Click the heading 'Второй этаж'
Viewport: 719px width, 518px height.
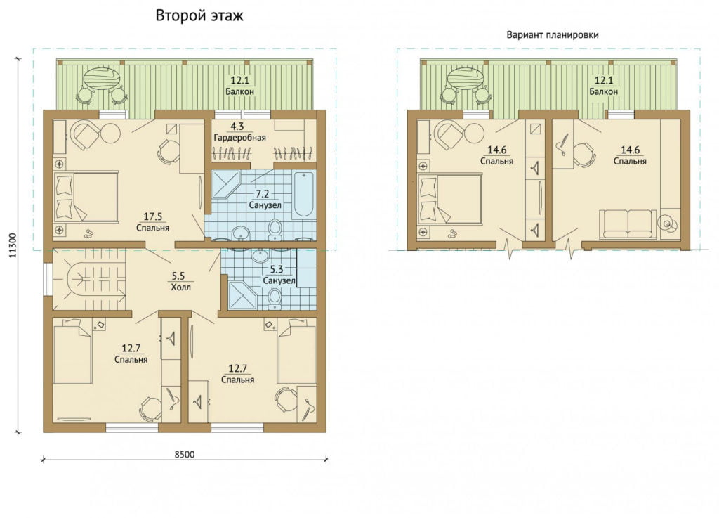199,15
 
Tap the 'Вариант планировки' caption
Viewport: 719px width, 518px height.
552,35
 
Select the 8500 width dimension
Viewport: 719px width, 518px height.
185,454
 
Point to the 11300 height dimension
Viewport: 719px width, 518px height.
13,245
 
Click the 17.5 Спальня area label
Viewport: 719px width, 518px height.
152,222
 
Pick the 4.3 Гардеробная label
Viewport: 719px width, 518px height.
239,131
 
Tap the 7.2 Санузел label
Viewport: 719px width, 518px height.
265,200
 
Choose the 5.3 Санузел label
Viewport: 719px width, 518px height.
278,275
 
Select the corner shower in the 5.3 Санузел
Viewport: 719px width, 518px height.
242,294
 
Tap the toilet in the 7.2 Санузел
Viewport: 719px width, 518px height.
275,229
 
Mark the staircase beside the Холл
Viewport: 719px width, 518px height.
89,279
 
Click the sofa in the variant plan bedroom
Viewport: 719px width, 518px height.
627,224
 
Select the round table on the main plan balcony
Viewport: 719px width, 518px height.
102,78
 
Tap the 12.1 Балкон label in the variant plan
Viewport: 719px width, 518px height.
603,86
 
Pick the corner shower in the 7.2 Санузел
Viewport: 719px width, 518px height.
225,183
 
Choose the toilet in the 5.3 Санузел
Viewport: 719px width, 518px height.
275,298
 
